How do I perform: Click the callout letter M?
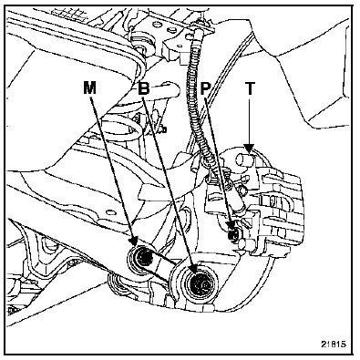coord(89,88)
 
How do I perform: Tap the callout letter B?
coord(144,88)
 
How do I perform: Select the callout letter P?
coord(206,88)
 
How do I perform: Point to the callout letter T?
coord(250,88)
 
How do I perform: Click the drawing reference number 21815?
coord(334,344)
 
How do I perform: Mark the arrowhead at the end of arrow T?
coord(250,149)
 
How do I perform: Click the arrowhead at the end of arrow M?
coord(133,242)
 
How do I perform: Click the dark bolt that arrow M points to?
coord(144,258)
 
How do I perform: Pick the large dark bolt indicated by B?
coord(198,284)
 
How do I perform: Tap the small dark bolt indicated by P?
coord(234,234)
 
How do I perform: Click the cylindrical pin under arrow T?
coord(243,159)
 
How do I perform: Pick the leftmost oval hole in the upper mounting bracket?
coord(159,24)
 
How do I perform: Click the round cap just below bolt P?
coord(242,243)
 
